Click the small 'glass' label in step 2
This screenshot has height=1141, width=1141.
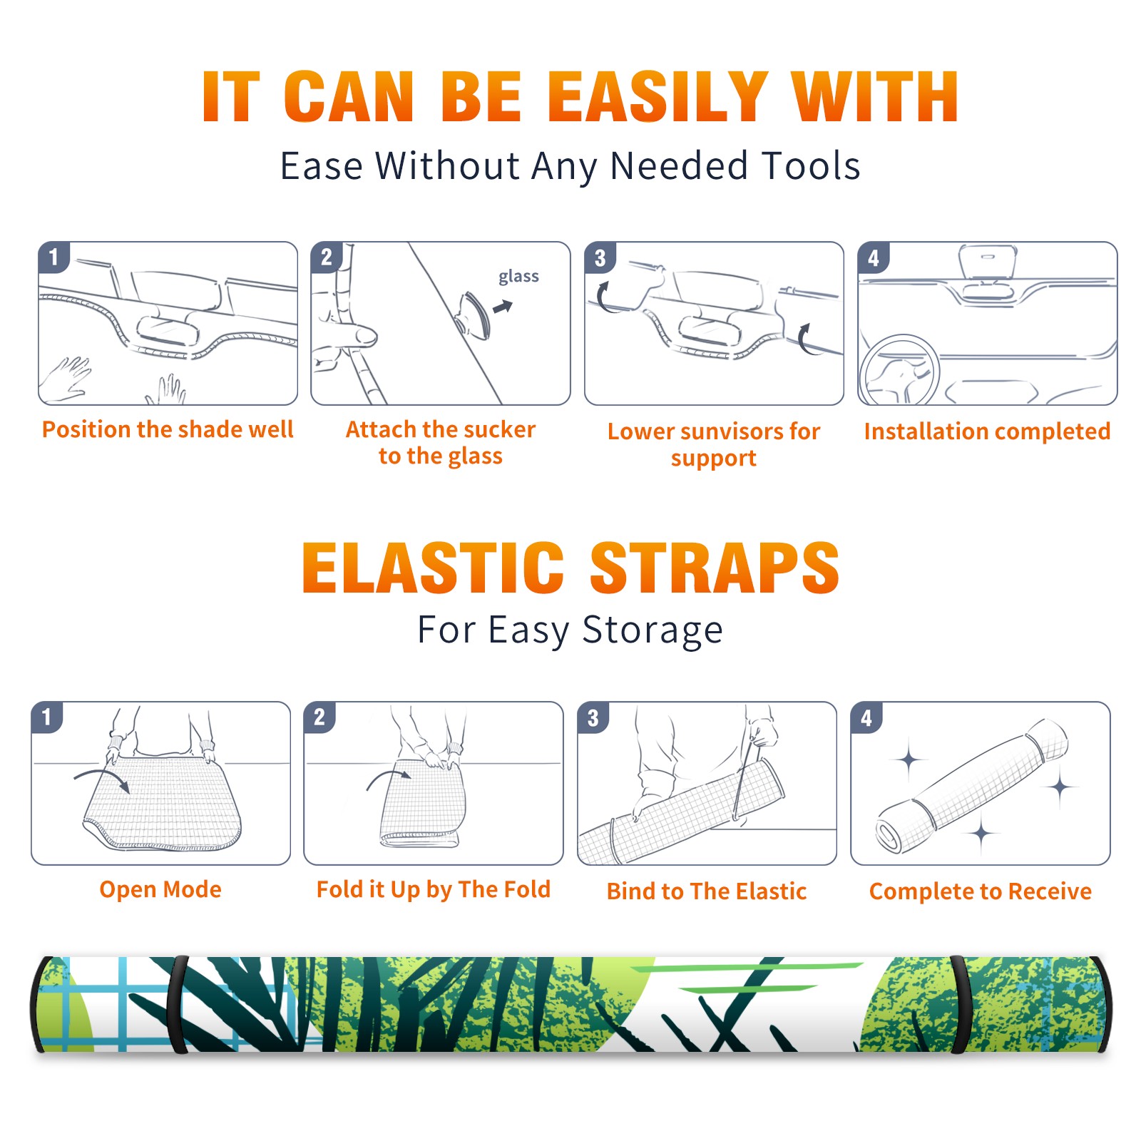click(x=518, y=277)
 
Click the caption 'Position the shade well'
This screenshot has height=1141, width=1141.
click(x=168, y=429)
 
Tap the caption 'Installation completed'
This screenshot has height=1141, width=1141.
click(x=987, y=431)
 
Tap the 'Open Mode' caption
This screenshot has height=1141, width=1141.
click(x=160, y=889)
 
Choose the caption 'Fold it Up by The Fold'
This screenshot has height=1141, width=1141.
click(x=434, y=889)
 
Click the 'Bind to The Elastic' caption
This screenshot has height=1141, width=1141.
click(x=707, y=891)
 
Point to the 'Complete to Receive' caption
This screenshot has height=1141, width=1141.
click(x=981, y=891)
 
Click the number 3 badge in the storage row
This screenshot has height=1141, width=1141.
click(x=593, y=718)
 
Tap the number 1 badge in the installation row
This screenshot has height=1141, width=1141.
click(x=53, y=257)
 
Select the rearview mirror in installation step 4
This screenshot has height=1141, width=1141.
click(x=988, y=262)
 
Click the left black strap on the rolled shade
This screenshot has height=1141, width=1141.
click(x=178, y=1004)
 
